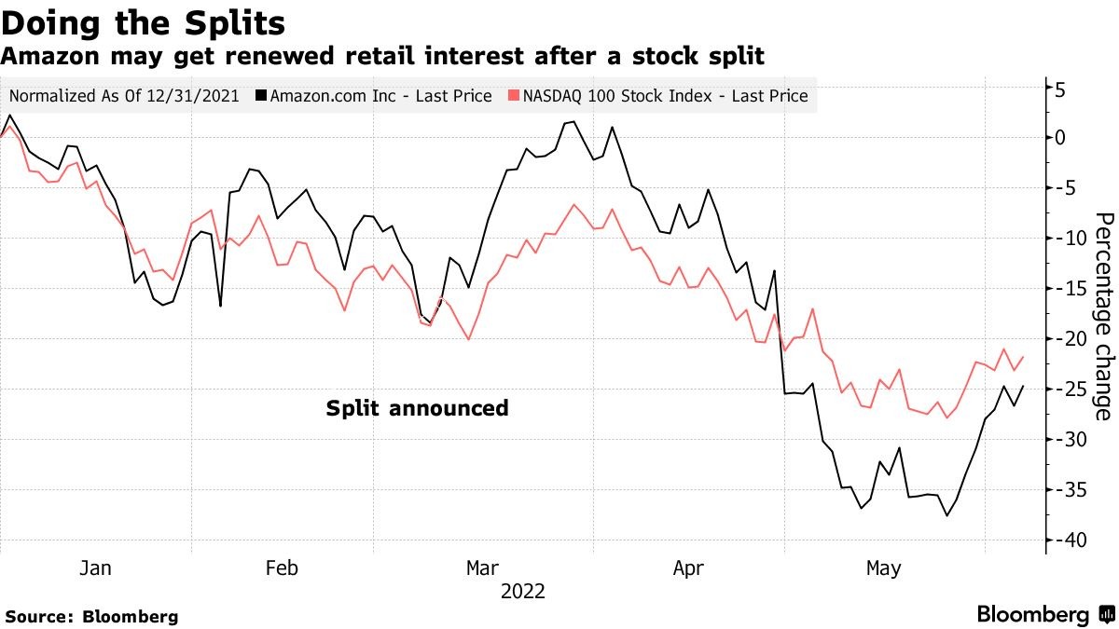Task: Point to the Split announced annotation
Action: (x=417, y=408)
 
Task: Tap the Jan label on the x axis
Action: (x=95, y=568)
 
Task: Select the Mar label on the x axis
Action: (x=482, y=568)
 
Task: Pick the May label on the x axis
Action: (x=883, y=568)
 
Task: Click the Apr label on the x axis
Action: (x=687, y=568)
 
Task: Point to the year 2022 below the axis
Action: (x=524, y=592)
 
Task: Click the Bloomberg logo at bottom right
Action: (x=1045, y=615)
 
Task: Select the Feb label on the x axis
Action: (x=282, y=568)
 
